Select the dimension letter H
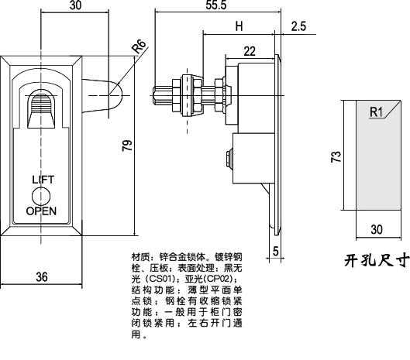[x=239, y=27]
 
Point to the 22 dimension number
[x=249, y=51]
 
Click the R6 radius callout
[x=140, y=47]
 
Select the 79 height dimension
[x=129, y=144]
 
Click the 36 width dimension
[x=42, y=276]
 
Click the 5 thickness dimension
[x=276, y=249]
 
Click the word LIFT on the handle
[x=43, y=180]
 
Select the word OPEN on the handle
[x=42, y=211]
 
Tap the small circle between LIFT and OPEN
[x=43, y=194]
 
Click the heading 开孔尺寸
[x=376, y=260]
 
